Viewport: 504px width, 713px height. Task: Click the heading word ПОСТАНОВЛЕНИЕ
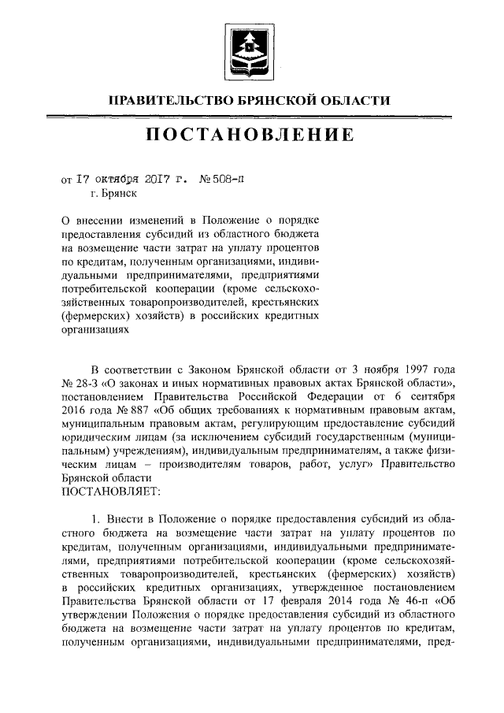click(250, 136)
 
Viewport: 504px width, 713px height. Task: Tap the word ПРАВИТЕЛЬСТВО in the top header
click(164, 100)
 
